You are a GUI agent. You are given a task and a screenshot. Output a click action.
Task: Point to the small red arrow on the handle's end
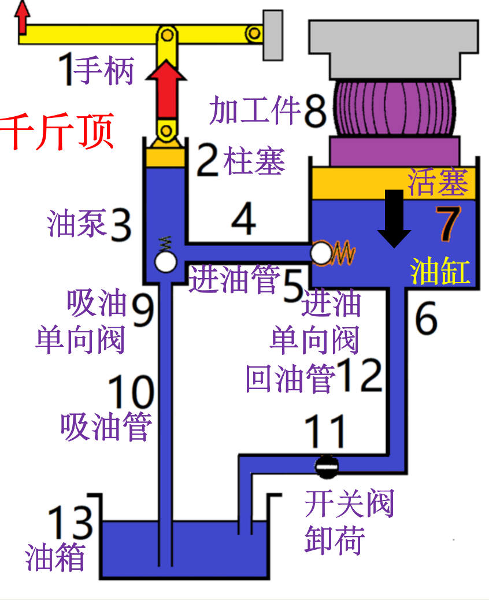click(23, 17)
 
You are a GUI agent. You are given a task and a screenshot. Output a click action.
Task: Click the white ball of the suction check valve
click(165, 262)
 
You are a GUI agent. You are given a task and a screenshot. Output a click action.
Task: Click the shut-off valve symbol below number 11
click(327, 464)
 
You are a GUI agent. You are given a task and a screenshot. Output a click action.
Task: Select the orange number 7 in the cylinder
click(450, 225)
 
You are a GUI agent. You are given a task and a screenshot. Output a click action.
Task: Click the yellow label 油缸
click(440, 271)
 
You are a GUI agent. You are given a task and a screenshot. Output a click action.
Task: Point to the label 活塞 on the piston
click(438, 183)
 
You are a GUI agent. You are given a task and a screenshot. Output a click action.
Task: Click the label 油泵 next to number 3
click(76, 224)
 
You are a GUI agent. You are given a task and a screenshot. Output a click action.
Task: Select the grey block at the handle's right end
click(273, 35)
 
